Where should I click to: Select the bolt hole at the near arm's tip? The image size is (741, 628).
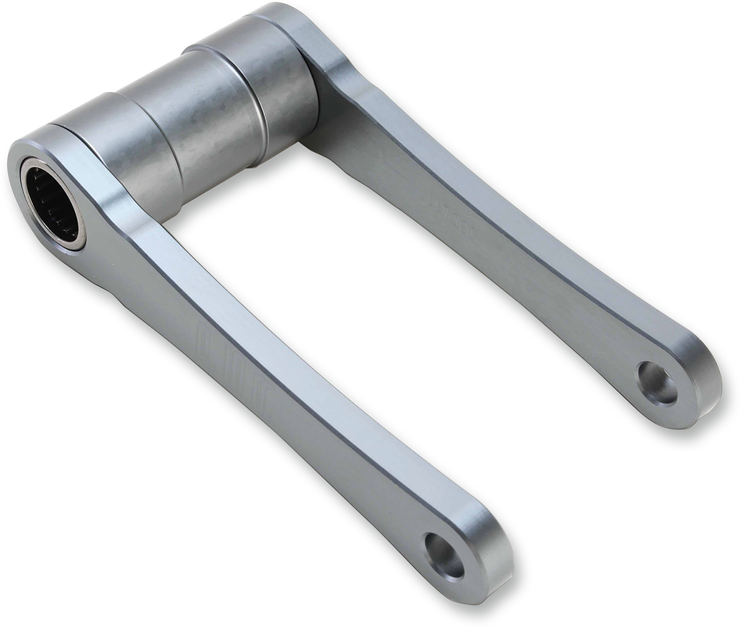pyautogui.click(x=444, y=555)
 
